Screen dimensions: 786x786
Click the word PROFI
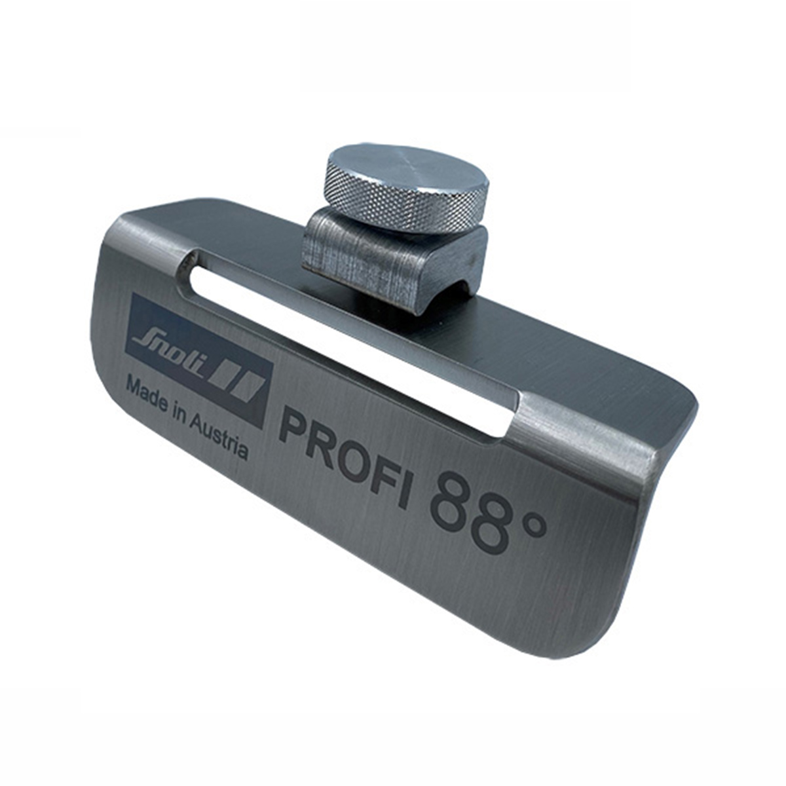pyautogui.click(x=344, y=458)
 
